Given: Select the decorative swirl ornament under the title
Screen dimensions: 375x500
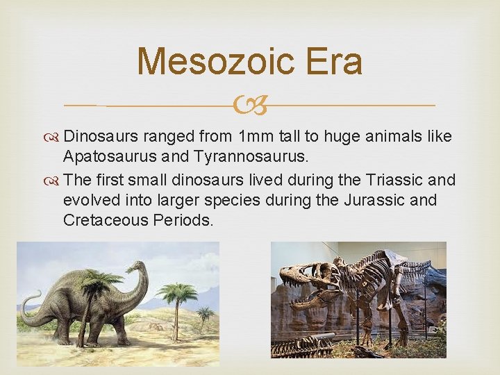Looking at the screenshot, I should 250,106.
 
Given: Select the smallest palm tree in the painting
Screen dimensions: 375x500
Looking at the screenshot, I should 204,316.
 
